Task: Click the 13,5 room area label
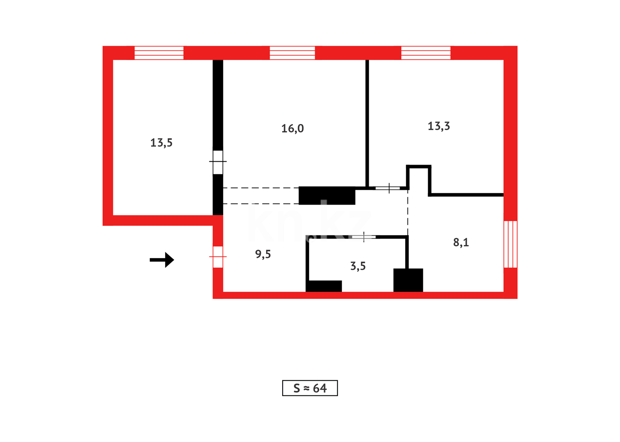pyautogui.click(x=161, y=143)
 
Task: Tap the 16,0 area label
pyautogui.click(x=292, y=129)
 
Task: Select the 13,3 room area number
pyautogui.click(x=438, y=126)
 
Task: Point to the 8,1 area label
pyautogui.click(x=461, y=242)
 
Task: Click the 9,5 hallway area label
pyautogui.click(x=263, y=254)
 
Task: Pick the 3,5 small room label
pyautogui.click(x=358, y=266)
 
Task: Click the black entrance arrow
pyautogui.click(x=162, y=259)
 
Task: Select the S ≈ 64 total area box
pyautogui.click(x=310, y=388)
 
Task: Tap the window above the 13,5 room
pyautogui.click(x=159, y=53)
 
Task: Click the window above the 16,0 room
pyautogui.click(x=292, y=53)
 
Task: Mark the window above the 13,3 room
pyautogui.click(x=426, y=53)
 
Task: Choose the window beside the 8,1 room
pyautogui.click(x=510, y=244)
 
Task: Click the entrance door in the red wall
pyautogui.click(x=218, y=257)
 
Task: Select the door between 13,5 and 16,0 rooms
pyautogui.click(x=218, y=162)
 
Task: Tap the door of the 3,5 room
pyautogui.click(x=364, y=237)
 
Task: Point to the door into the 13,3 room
pyautogui.click(x=388, y=188)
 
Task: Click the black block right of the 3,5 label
pyautogui.click(x=408, y=280)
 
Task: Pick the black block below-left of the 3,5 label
pyautogui.click(x=324, y=286)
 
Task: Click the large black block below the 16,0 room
pyautogui.click(x=327, y=196)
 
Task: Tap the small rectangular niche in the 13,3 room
pyautogui.click(x=419, y=179)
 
